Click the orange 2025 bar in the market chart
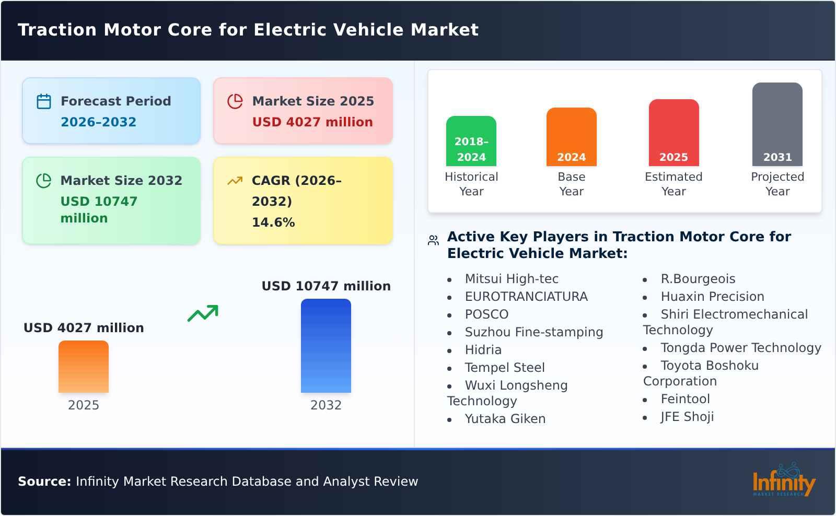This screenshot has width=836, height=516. [84, 367]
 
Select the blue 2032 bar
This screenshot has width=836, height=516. [326, 346]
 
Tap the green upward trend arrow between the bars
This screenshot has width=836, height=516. [203, 313]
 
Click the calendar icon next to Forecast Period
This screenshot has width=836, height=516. [44, 101]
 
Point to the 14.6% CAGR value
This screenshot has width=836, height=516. [273, 222]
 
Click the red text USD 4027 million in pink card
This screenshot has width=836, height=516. [312, 122]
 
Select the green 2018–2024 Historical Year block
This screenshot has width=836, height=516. [471, 141]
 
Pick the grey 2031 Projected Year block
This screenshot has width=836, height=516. [777, 124]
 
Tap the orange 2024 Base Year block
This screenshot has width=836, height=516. [571, 137]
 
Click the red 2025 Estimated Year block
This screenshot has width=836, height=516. [674, 133]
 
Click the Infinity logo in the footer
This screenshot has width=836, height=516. [783, 480]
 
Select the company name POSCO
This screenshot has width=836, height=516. [486, 314]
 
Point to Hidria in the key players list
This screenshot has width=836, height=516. [483, 350]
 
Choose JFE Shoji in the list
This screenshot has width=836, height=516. [687, 417]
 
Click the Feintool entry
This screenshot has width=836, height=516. [685, 399]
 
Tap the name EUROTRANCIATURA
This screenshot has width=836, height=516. [526, 297]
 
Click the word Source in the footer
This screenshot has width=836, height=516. [44, 482]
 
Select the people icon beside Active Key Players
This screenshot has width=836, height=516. [433, 240]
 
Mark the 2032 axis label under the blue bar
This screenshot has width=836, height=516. [326, 405]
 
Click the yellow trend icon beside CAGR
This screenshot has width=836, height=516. [235, 181]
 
